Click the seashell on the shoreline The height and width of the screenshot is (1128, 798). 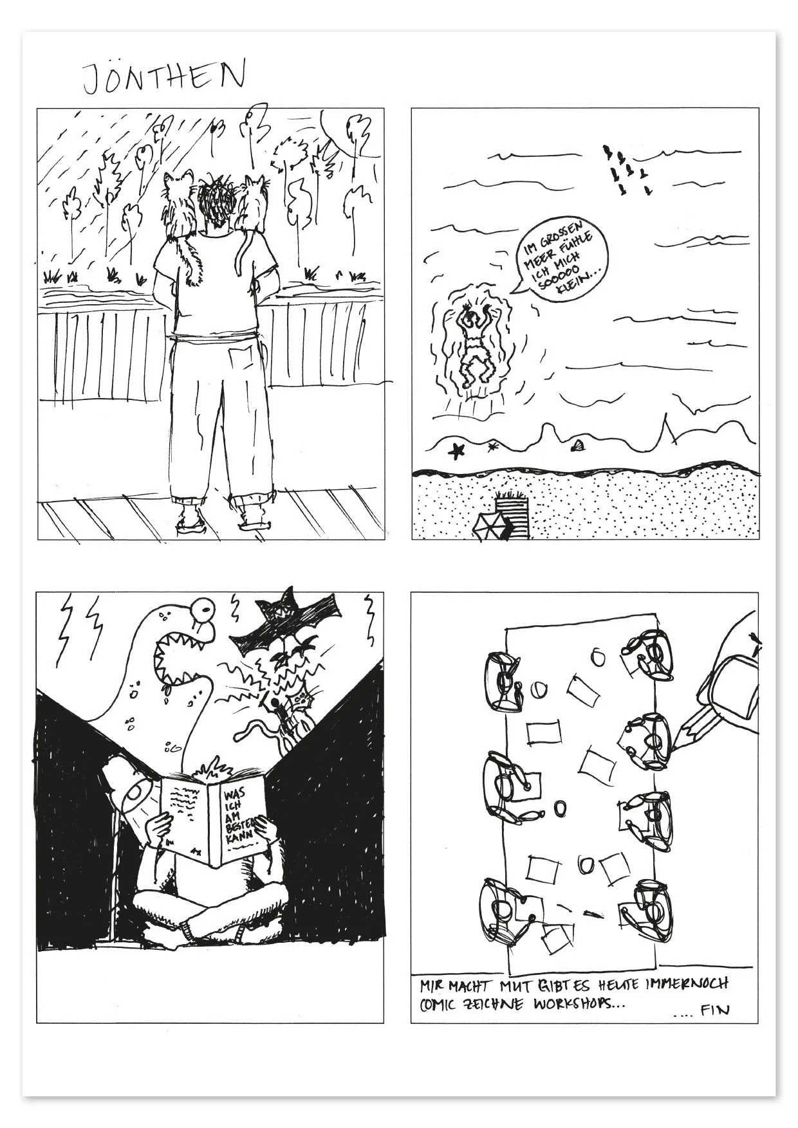[578, 444]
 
